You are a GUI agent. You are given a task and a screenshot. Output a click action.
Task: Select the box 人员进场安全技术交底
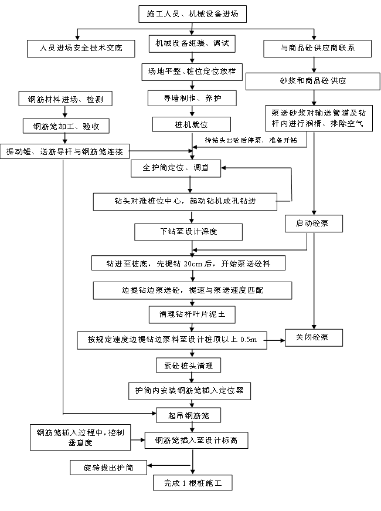point(80,48)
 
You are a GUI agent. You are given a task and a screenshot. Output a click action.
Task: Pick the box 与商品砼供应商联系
point(317,48)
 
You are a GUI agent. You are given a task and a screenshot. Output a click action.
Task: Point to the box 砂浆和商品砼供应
point(312,80)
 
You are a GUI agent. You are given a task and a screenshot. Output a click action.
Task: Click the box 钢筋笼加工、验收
point(66,126)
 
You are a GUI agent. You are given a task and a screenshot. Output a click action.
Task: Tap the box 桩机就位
point(189,124)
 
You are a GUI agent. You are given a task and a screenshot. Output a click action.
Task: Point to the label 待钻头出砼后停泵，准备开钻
point(251,141)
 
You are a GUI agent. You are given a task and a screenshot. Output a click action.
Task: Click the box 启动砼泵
point(314,224)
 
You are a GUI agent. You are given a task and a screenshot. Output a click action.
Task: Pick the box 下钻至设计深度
point(189,232)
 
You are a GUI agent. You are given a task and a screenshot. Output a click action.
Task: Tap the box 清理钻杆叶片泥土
point(192,314)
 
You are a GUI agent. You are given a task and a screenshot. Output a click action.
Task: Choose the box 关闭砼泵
point(314,338)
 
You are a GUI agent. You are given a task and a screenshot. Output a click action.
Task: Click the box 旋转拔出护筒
point(108,467)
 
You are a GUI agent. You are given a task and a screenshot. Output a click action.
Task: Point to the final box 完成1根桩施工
point(193,483)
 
